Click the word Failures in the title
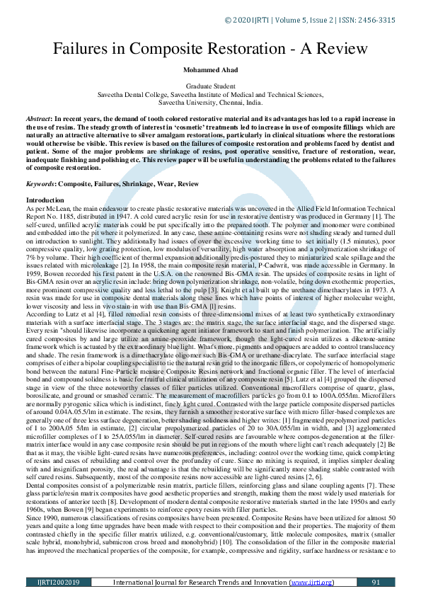[x=76, y=49]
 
